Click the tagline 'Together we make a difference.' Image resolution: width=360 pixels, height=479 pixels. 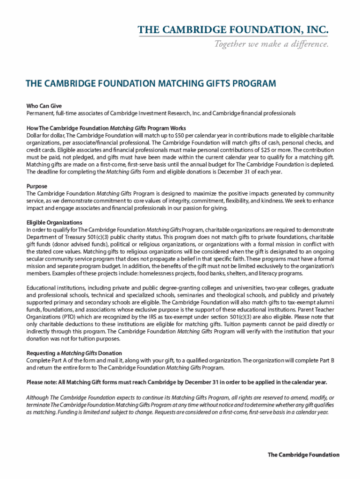271,44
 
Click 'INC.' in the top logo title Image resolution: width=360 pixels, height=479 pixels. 315,30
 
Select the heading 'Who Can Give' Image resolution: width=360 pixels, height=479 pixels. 44,106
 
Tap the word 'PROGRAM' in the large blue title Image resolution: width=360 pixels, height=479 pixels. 253,84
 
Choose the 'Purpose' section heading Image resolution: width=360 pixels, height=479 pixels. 37,186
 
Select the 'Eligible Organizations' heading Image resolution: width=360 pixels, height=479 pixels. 54,222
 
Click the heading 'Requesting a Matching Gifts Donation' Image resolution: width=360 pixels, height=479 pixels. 74,353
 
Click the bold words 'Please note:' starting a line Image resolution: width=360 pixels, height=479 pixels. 42,382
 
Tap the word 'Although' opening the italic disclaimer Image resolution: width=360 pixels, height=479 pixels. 38,397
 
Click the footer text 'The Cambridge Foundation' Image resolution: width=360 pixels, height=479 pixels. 303,455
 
